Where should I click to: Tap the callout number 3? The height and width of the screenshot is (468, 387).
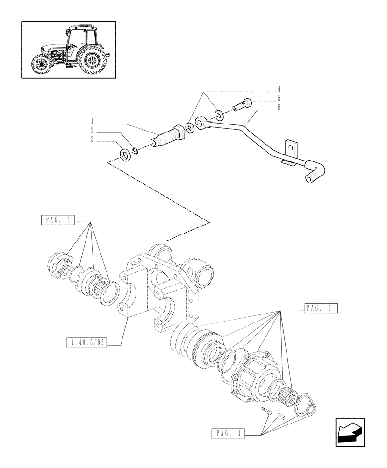pos(92,139)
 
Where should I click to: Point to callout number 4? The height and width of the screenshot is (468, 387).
pos(279,89)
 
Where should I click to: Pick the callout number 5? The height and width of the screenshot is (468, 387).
pos(279,98)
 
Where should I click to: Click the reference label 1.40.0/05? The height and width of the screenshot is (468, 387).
pos(88,343)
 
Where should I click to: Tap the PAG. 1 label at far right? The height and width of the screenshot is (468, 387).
pos(321,308)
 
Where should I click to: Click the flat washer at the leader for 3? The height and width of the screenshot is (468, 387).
pos(125,154)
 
